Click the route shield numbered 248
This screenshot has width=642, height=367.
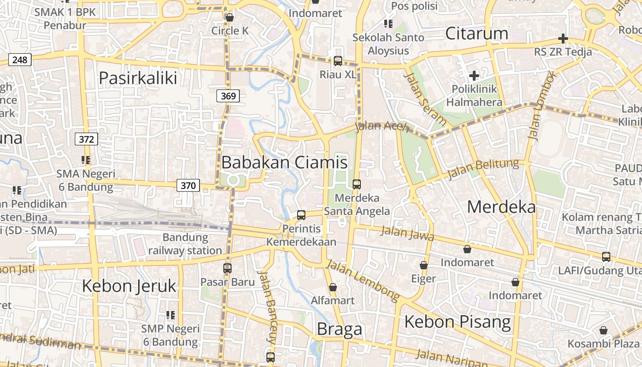[x=20, y=60]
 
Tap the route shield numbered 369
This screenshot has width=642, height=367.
[x=228, y=96]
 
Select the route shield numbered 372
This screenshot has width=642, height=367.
[x=86, y=139]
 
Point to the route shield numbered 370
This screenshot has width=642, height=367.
[x=188, y=186]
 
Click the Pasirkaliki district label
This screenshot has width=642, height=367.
[x=138, y=78]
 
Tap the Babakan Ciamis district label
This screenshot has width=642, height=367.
[x=284, y=162]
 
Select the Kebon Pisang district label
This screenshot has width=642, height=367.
[x=457, y=322]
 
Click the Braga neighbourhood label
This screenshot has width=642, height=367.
[x=339, y=329]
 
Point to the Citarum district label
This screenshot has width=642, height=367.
[x=477, y=33]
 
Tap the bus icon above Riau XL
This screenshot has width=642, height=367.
[x=338, y=61]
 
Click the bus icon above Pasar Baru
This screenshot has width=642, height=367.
[x=227, y=268]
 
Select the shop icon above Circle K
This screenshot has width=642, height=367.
[x=230, y=17]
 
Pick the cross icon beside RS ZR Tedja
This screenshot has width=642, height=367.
[x=563, y=39]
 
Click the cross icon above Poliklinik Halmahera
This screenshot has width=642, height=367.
[x=474, y=75]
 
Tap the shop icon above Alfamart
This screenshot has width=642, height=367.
[x=333, y=288]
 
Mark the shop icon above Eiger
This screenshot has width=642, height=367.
[x=424, y=265]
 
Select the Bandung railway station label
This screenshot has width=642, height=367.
[x=185, y=244]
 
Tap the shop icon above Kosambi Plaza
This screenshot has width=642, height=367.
[x=603, y=330]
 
